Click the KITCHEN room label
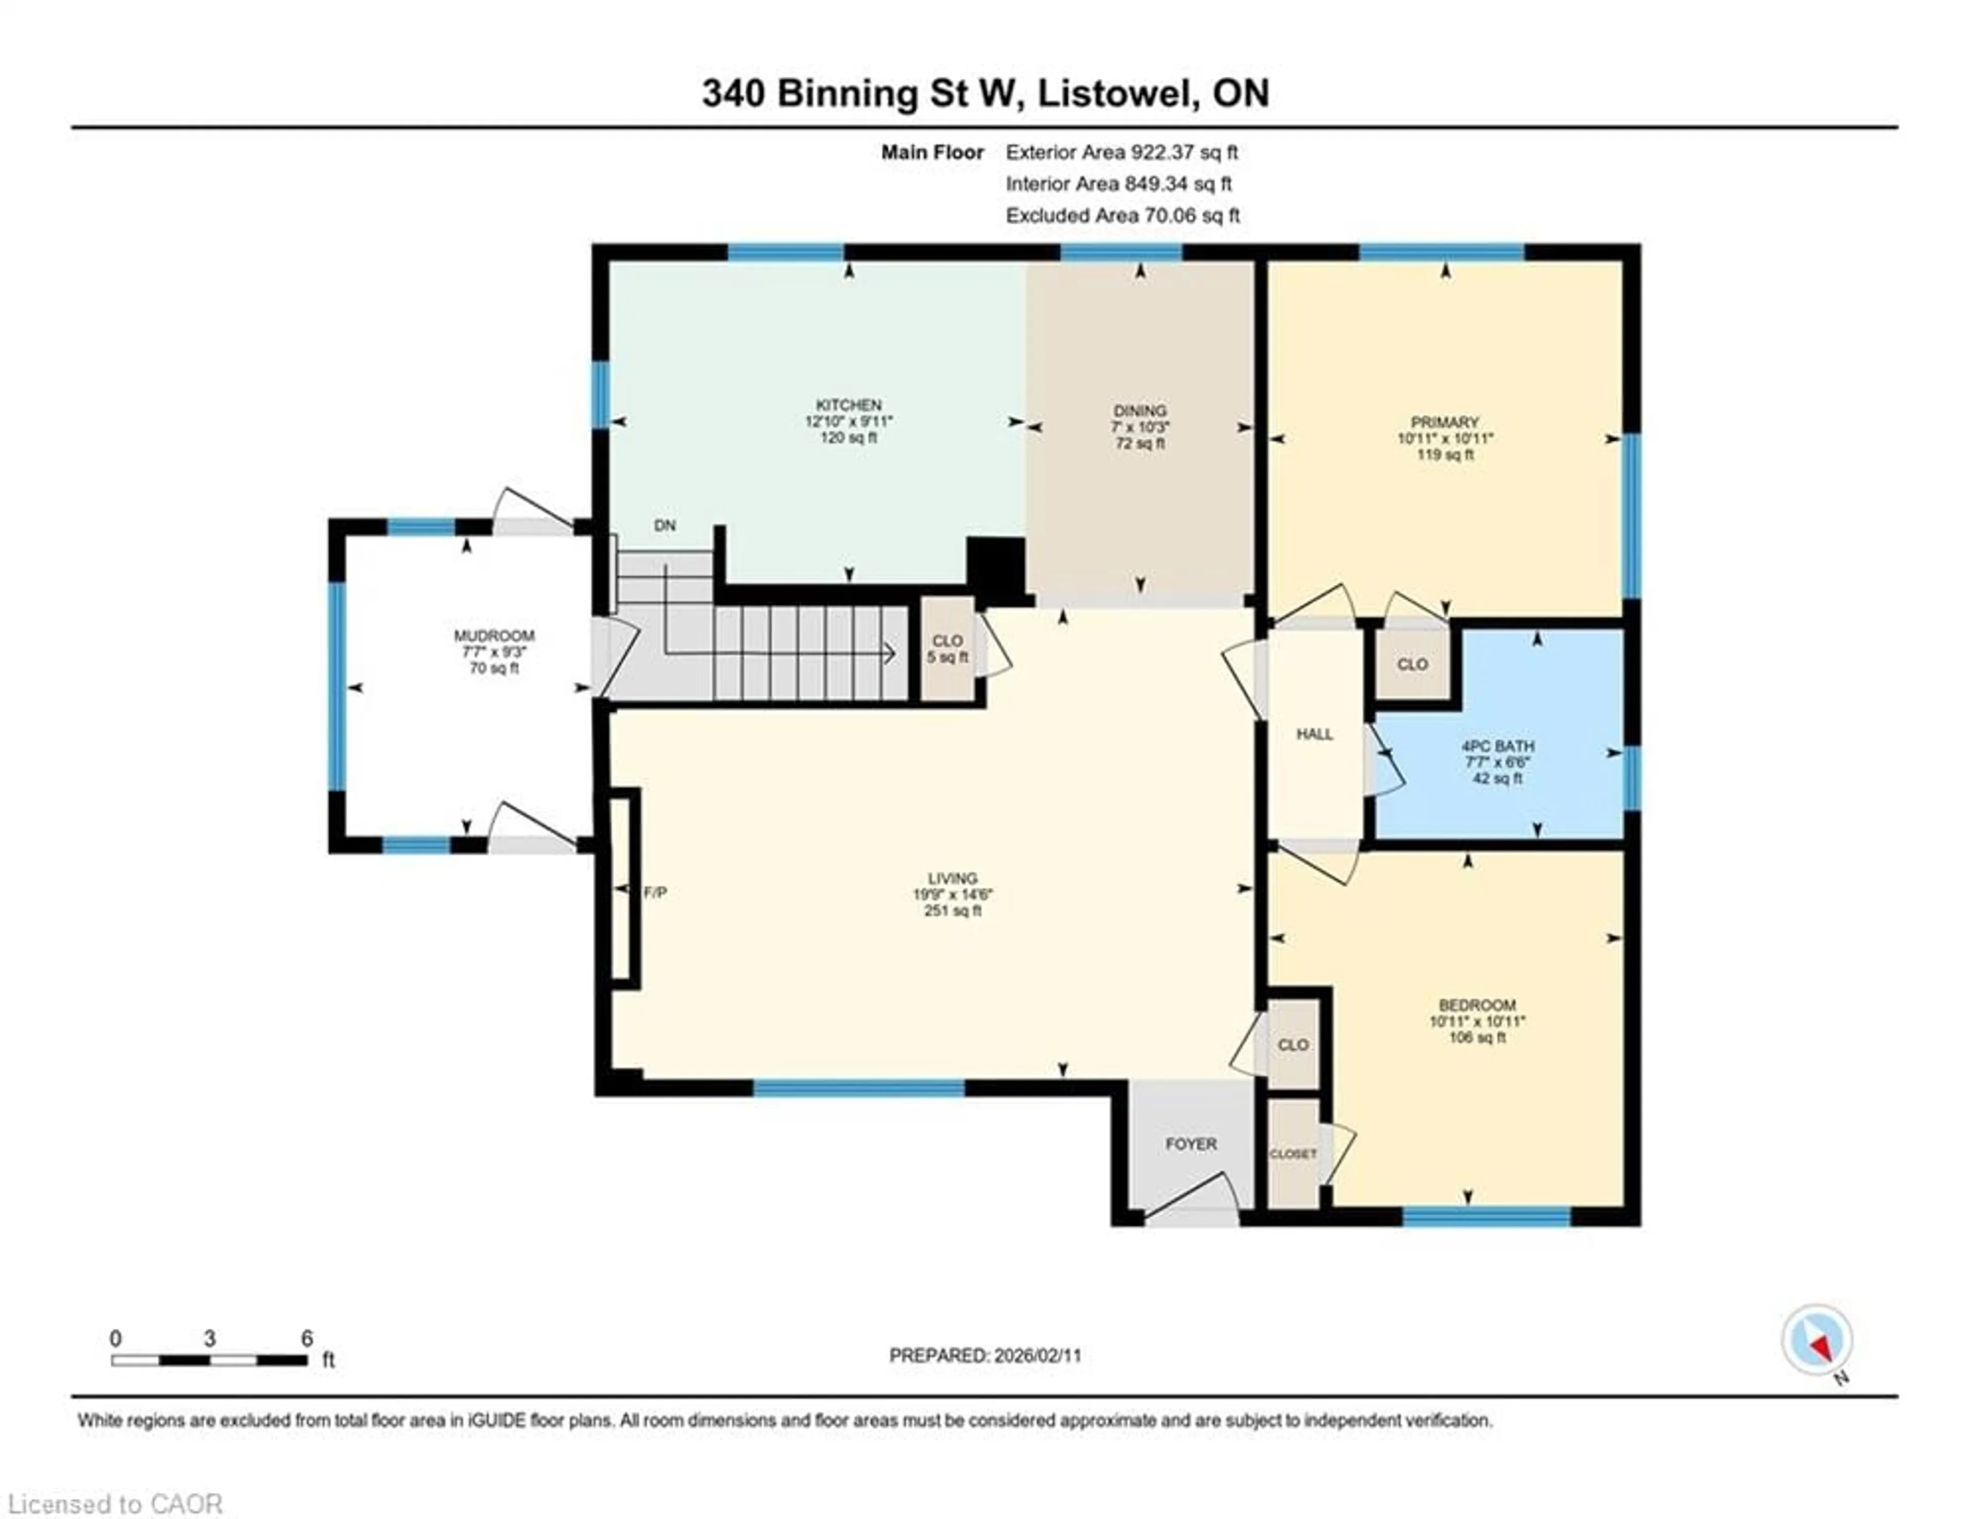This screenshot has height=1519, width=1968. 848,405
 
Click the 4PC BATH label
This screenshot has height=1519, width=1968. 1496,746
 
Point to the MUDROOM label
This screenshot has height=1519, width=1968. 494,636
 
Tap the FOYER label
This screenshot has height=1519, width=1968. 1191,1144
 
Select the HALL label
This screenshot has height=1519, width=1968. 1314,734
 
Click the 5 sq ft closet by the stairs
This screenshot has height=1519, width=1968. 947,649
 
